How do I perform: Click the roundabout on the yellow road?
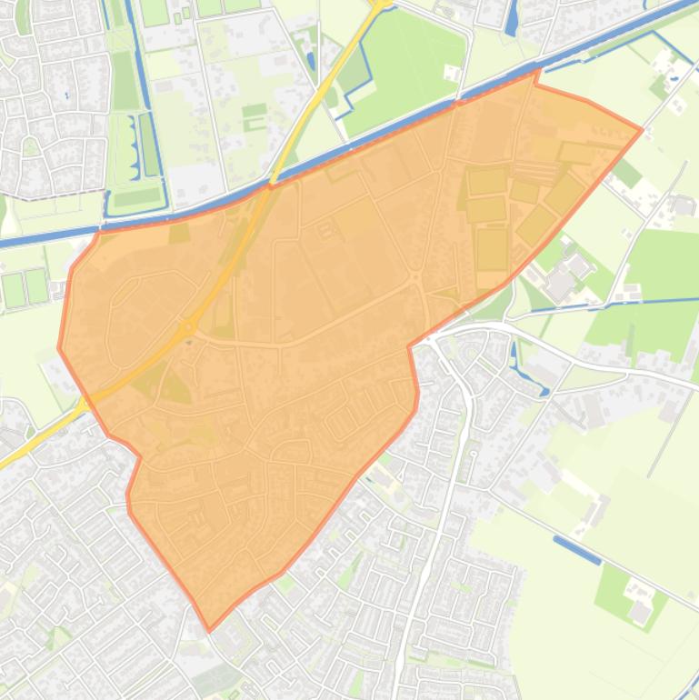click(x=188, y=325)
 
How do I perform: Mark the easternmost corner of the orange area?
click(x=642, y=130)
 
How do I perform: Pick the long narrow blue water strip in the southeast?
click(x=576, y=549)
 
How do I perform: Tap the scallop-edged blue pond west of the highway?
click(x=145, y=145)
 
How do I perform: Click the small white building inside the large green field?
click(x=450, y=73)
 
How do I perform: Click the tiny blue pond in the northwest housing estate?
click(x=66, y=95)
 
